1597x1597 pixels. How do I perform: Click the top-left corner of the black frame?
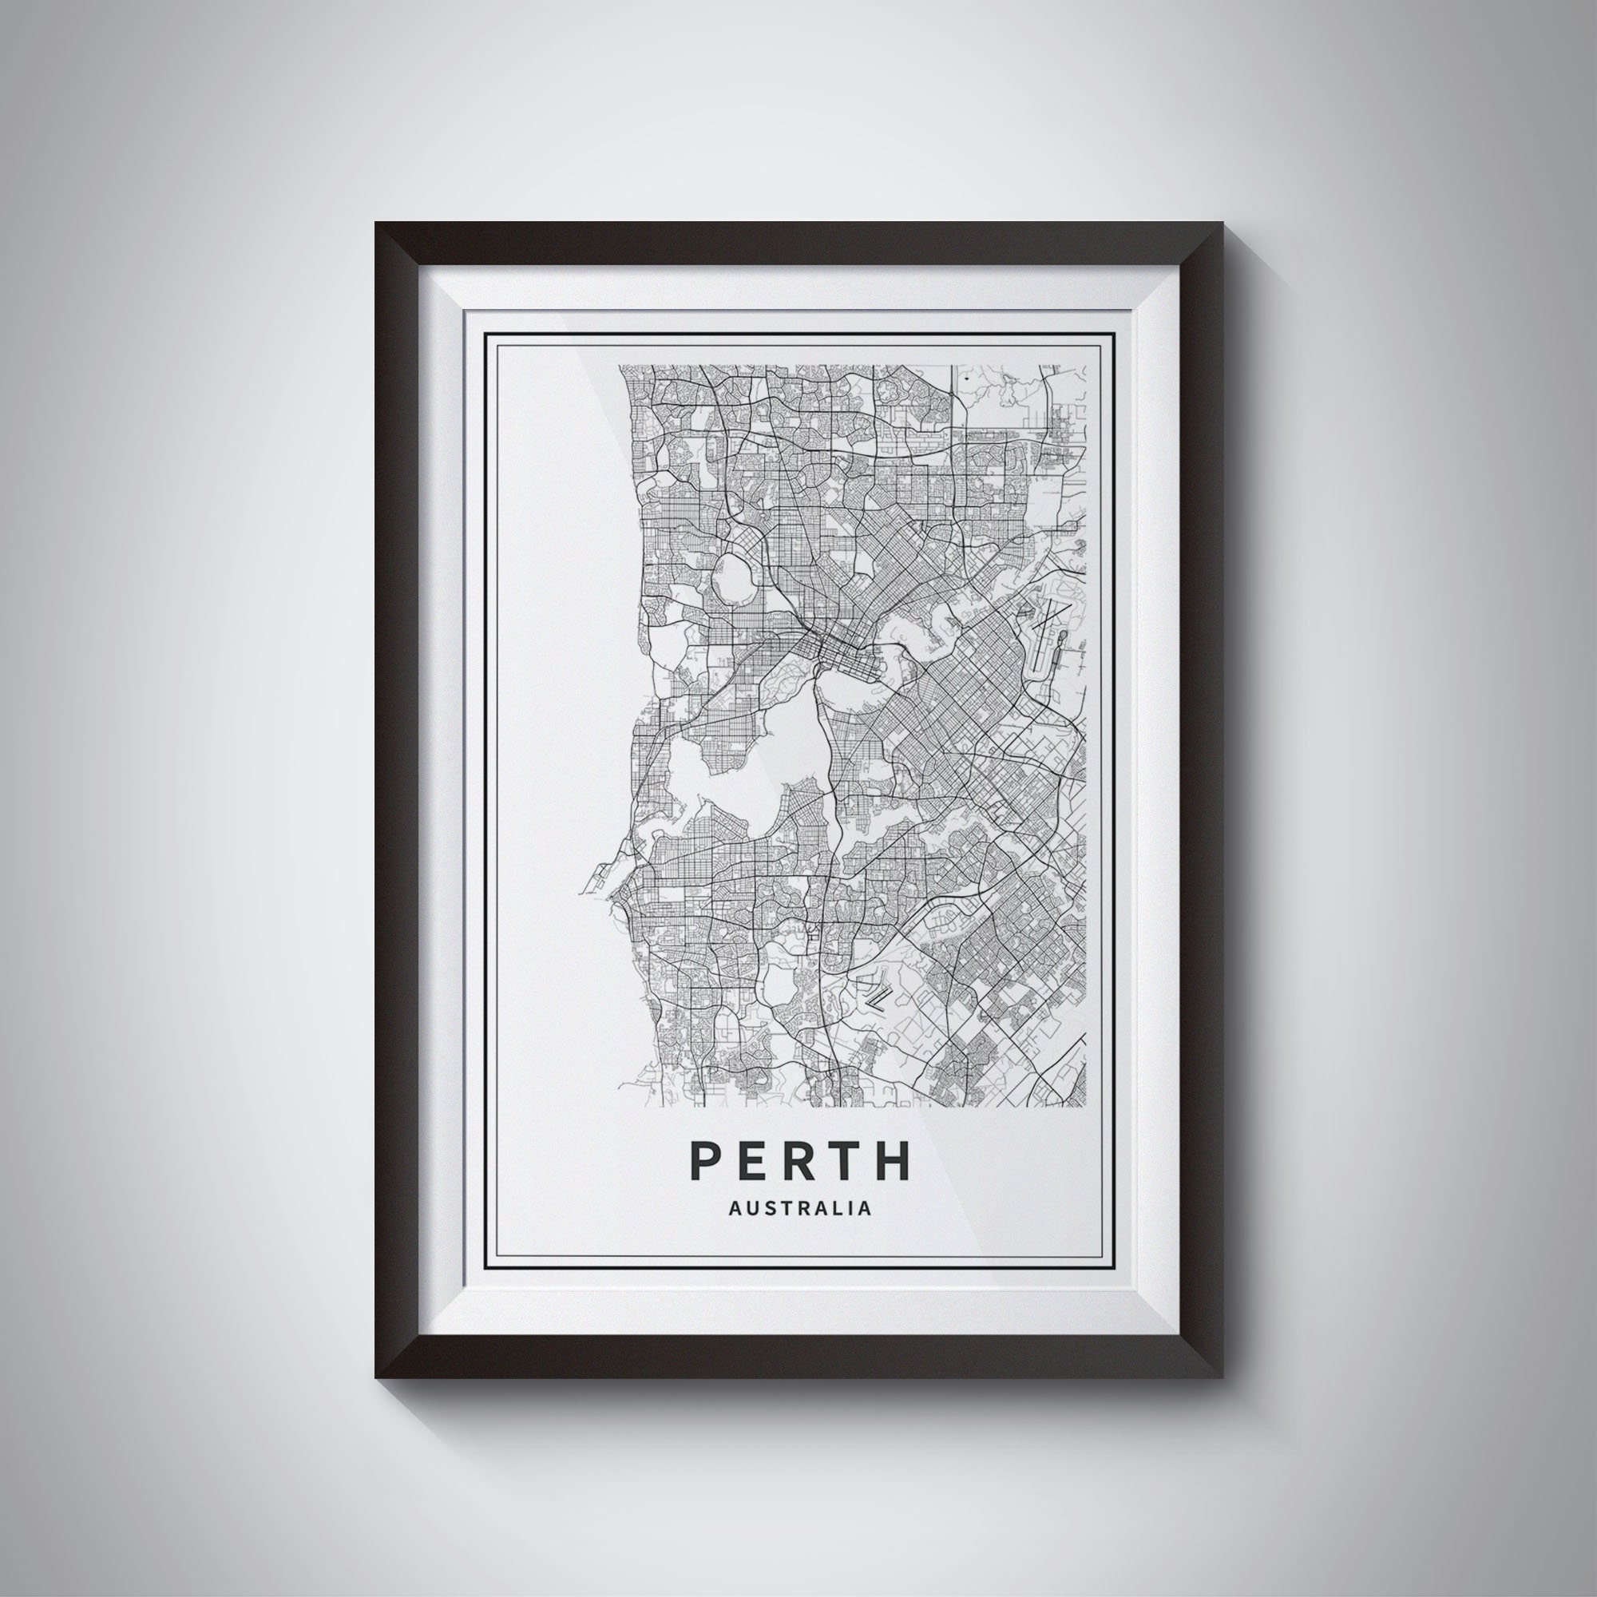(376, 224)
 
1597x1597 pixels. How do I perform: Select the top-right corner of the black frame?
(1222, 224)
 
